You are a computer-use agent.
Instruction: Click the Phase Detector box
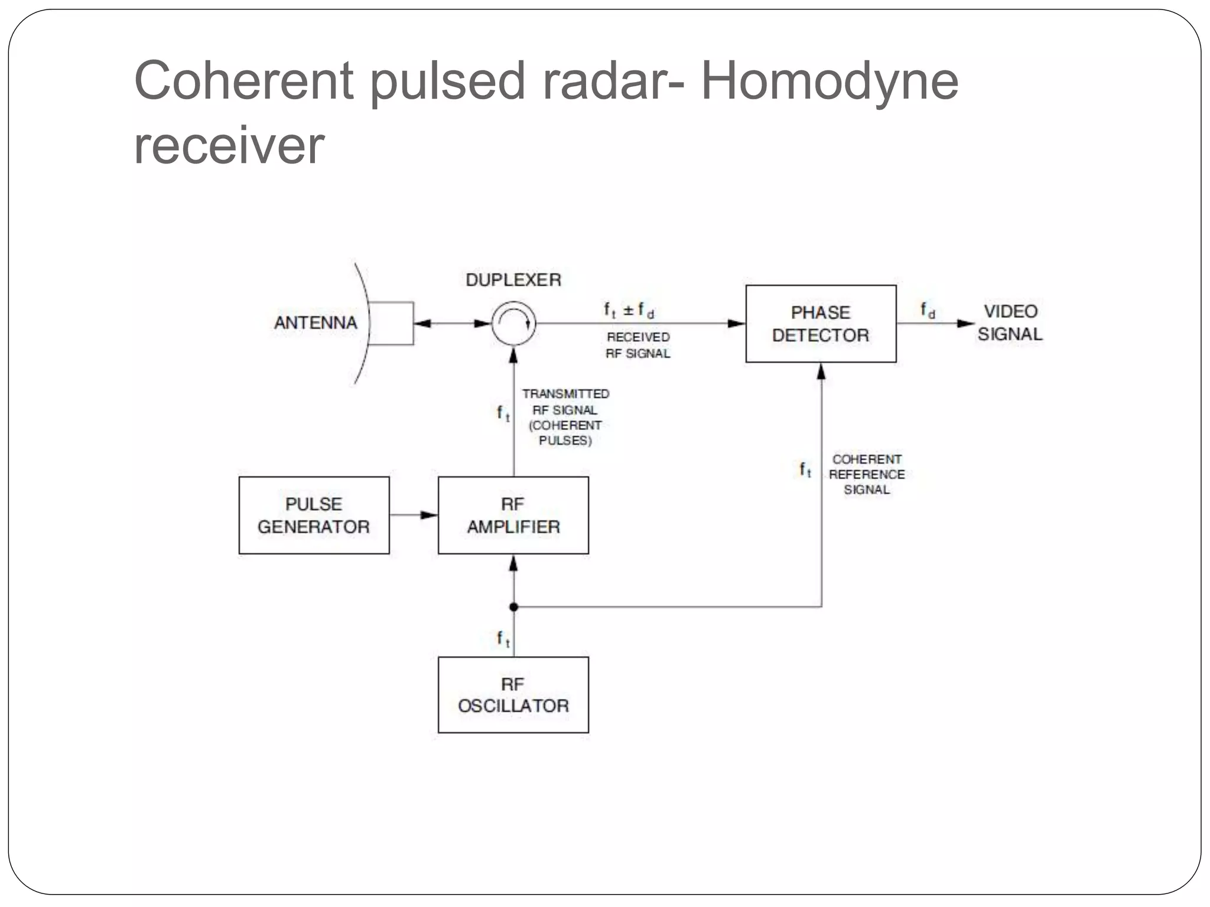(821, 324)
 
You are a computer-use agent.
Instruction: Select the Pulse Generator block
(314, 515)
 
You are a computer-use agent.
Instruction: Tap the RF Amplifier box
(513, 515)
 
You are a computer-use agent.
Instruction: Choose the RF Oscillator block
(513, 695)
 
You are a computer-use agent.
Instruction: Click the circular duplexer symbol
(513, 323)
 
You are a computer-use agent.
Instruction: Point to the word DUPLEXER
(513, 280)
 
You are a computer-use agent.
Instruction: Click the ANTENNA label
(315, 323)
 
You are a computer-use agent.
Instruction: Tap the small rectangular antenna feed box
(391, 323)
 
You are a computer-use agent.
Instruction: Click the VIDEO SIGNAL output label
(1010, 323)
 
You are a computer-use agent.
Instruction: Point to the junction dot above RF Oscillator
(513, 607)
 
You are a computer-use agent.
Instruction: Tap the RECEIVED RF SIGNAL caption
(638, 345)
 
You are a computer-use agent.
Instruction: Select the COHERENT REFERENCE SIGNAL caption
(866, 474)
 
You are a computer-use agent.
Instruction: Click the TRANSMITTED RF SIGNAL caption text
(565, 417)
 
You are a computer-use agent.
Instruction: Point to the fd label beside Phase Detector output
(928, 310)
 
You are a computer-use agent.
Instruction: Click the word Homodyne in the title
(829, 81)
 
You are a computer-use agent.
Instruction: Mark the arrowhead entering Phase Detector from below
(821, 371)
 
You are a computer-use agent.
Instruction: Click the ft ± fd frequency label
(629, 310)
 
